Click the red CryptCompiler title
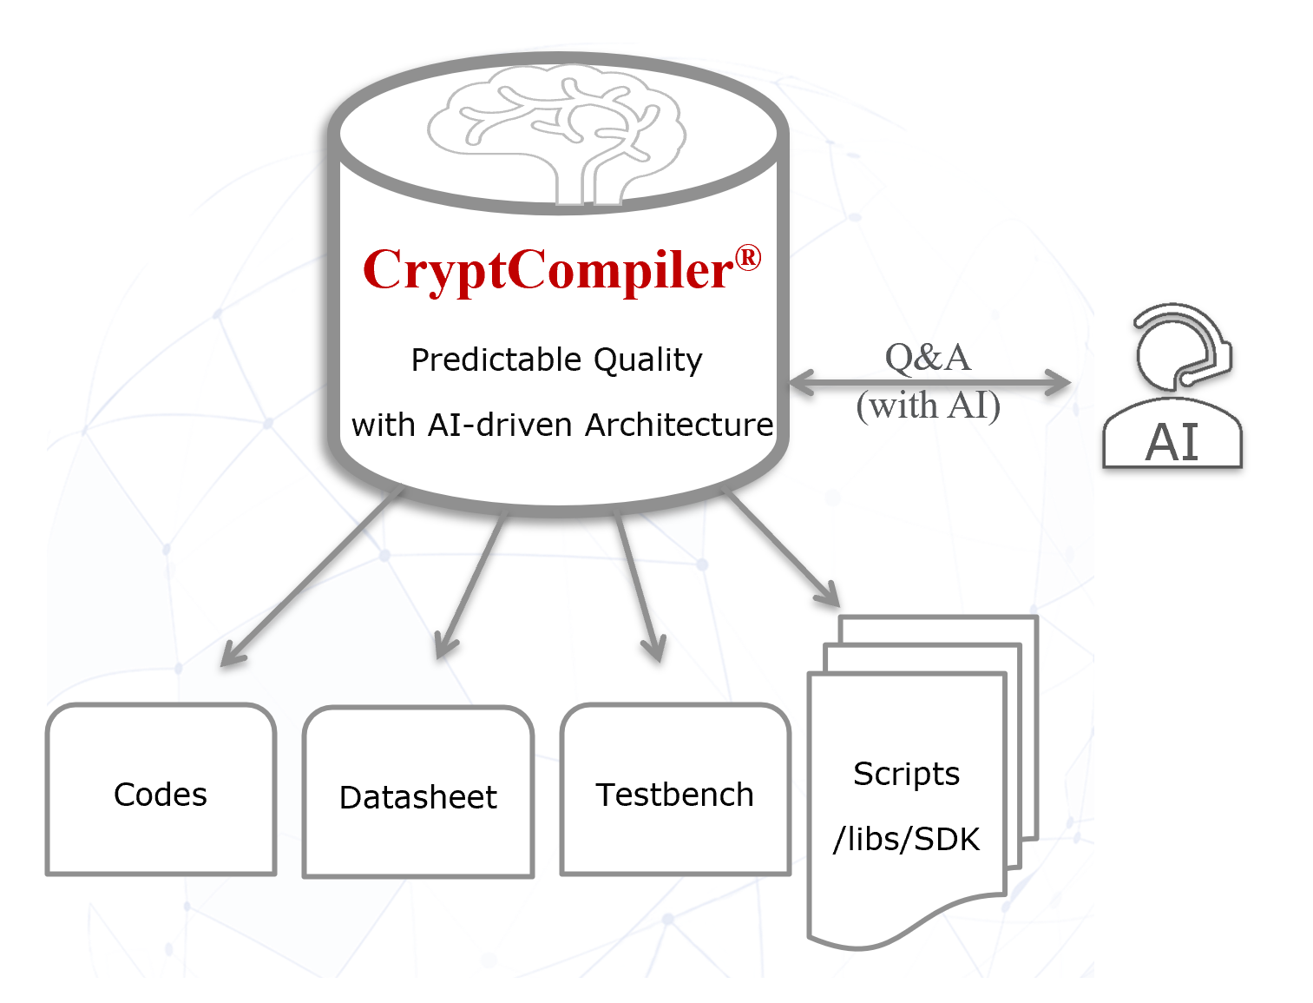point(548,270)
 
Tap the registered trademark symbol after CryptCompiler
point(748,258)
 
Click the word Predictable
point(496,360)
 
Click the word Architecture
point(679,425)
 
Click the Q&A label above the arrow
point(928,358)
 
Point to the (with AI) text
point(928,406)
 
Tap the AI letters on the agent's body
point(1172,442)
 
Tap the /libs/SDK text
point(906,839)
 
